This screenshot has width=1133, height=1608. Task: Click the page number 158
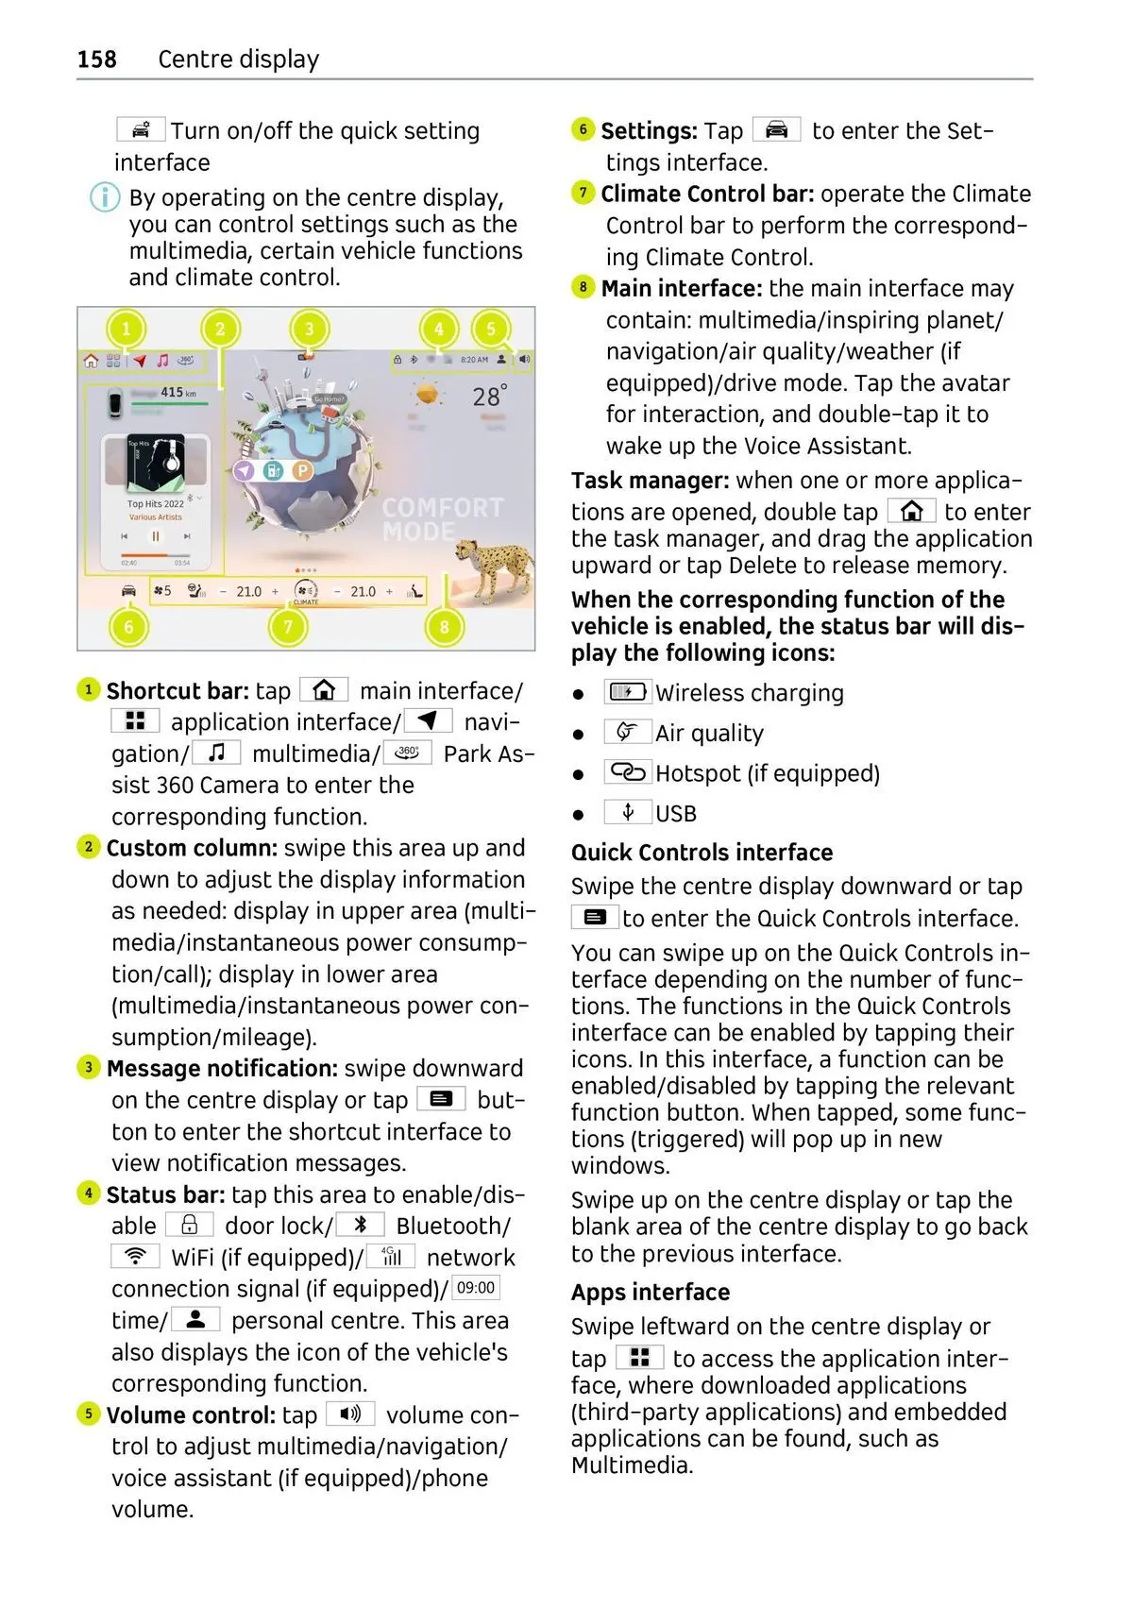(x=96, y=59)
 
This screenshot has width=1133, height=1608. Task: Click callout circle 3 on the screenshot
(x=309, y=330)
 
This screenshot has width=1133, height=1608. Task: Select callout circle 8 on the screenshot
(x=444, y=626)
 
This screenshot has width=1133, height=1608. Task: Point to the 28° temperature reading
(x=489, y=396)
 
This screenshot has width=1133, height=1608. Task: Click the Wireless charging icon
(x=627, y=692)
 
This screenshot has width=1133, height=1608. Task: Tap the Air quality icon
(x=627, y=733)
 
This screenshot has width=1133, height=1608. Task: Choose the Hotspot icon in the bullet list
(x=627, y=773)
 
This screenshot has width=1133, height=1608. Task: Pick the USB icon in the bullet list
(x=627, y=813)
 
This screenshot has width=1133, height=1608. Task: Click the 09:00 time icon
(x=476, y=1288)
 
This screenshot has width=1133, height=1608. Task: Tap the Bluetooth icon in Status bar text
(x=360, y=1226)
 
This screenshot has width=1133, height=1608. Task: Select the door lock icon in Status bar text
(x=189, y=1226)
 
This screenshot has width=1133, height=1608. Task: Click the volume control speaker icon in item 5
(x=350, y=1414)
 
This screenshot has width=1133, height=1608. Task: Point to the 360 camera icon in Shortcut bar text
(x=408, y=753)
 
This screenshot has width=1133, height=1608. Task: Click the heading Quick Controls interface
(x=702, y=853)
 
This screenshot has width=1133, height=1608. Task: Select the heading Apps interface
(x=651, y=1293)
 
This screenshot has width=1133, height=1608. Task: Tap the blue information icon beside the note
(x=105, y=197)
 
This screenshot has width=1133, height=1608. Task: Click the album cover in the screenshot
(x=156, y=464)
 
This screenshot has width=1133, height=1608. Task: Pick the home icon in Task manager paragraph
(x=911, y=512)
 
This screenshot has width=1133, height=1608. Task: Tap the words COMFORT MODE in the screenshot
(x=442, y=519)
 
